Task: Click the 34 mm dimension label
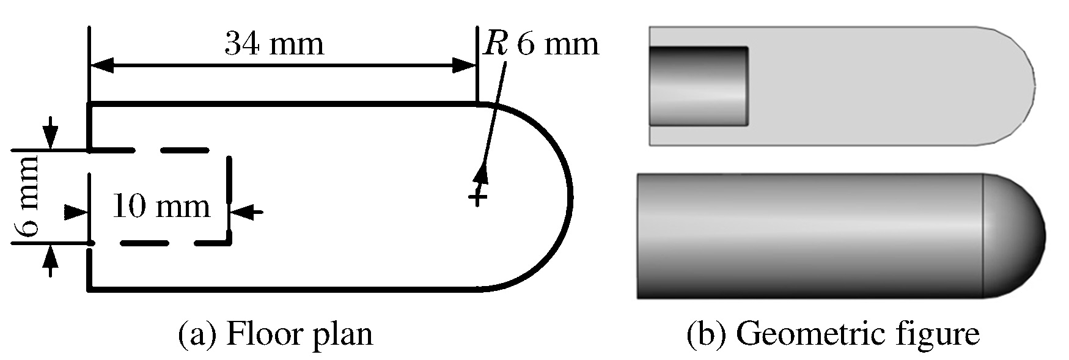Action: click(273, 44)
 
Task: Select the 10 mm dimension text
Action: click(161, 207)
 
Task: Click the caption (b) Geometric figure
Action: click(833, 335)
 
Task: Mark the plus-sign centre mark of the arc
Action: click(478, 197)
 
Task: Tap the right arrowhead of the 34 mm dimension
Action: click(463, 66)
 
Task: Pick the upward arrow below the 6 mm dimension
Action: click(51, 260)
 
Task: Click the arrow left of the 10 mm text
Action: click(77, 212)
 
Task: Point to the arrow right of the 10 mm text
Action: click(247, 212)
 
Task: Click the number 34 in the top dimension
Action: click(241, 44)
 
